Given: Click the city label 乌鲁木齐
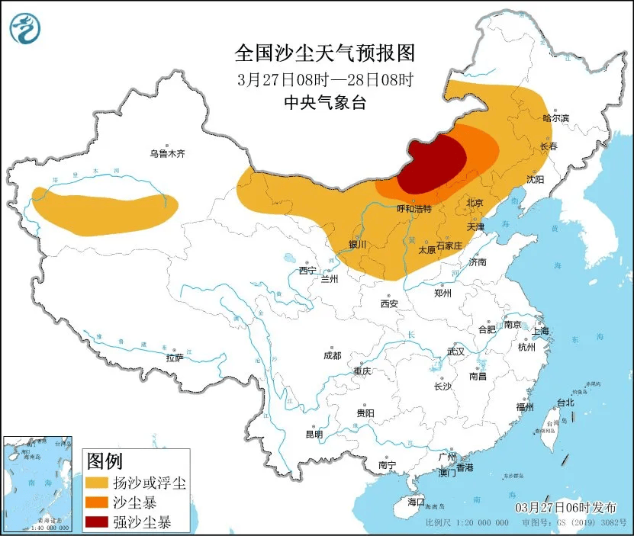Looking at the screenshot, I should pyautogui.click(x=167, y=153).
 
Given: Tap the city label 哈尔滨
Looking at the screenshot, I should pyautogui.click(x=556, y=118).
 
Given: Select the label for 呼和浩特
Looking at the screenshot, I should pyautogui.click(x=414, y=208).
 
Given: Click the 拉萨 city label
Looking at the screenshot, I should pyautogui.click(x=175, y=357).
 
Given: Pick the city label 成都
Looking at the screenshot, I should pyautogui.click(x=332, y=355).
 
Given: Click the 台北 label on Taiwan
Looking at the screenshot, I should pyautogui.click(x=565, y=403).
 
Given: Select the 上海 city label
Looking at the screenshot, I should pyautogui.click(x=541, y=331).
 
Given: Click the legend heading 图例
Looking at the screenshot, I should pyautogui.click(x=105, y=461).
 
